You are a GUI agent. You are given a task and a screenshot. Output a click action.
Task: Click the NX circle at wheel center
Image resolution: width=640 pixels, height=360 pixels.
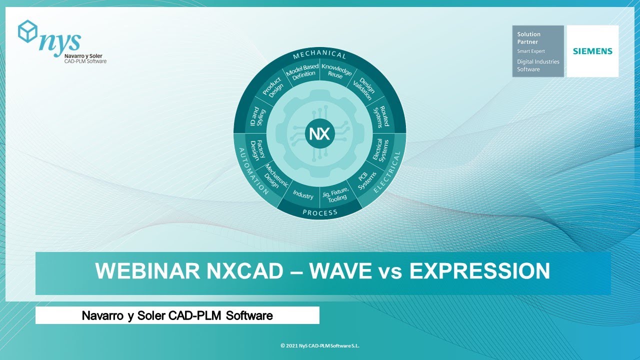[319, 134]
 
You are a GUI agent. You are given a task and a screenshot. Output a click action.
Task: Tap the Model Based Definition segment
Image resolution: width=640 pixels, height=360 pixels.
[301, 71]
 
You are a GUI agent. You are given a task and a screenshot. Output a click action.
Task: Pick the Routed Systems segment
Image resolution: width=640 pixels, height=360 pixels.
[383, 116]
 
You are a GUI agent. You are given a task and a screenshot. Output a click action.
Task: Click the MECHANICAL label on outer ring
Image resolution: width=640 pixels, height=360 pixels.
[319, 55]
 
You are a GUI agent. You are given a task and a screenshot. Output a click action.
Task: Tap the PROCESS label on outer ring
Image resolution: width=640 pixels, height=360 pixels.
[320, 212]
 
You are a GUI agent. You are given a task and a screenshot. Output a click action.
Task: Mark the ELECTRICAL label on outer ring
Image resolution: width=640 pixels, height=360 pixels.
[394, 172]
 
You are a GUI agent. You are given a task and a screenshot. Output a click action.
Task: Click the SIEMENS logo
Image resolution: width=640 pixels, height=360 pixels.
[592, 51]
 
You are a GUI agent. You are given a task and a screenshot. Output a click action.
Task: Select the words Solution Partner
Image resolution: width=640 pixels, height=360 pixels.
[528, 38]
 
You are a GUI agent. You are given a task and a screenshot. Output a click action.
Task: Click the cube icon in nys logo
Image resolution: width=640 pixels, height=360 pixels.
[27, 31]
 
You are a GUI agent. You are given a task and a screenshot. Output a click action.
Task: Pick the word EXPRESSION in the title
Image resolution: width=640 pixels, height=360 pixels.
[479, 271]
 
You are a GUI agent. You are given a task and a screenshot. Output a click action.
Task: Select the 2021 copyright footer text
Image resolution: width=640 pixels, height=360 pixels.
[320, 345]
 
